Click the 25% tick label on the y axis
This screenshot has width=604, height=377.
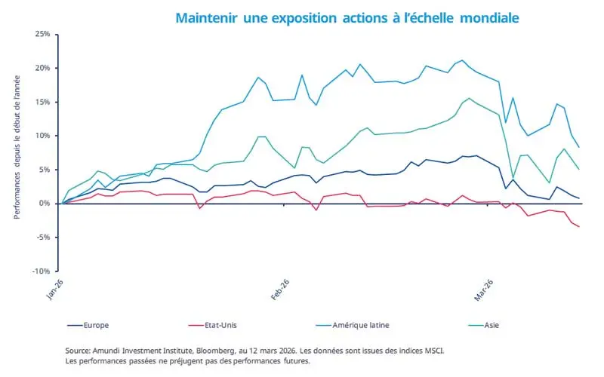click(42, 34)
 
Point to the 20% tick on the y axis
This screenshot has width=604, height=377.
click(42, 68)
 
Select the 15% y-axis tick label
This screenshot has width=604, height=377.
click(42, 102)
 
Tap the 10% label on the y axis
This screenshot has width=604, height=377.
click(42, 136)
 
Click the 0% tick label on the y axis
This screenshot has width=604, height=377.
click(44, 204)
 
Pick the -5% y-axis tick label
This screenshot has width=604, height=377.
click(42, 237)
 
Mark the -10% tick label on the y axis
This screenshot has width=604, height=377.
click(41, 271)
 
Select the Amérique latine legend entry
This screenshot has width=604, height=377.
click(358, 326)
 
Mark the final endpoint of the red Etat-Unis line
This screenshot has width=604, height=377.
click(579, 227)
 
